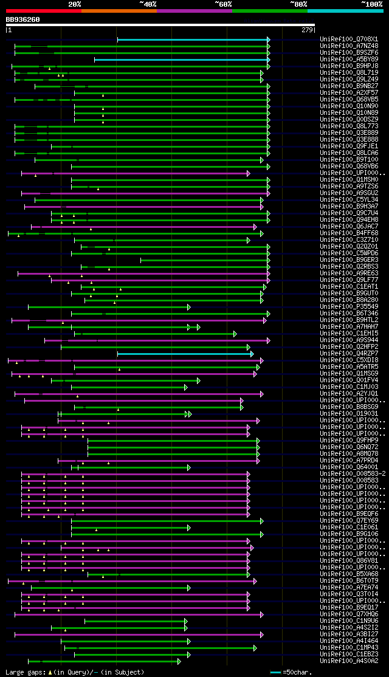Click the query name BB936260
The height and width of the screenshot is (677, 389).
click(22, 19)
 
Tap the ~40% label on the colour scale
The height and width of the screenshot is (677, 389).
click(148, 4)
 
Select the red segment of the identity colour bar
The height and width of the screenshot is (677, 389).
click(43, 10)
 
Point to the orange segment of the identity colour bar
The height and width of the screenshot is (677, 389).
click(119, 10)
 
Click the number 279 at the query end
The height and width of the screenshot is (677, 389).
click(306, 30)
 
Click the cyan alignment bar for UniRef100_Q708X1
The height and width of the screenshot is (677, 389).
click(193, 40)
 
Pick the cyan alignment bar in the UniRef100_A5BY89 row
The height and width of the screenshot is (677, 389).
click(181, 60)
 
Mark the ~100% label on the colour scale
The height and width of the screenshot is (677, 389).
click(372, 4)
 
